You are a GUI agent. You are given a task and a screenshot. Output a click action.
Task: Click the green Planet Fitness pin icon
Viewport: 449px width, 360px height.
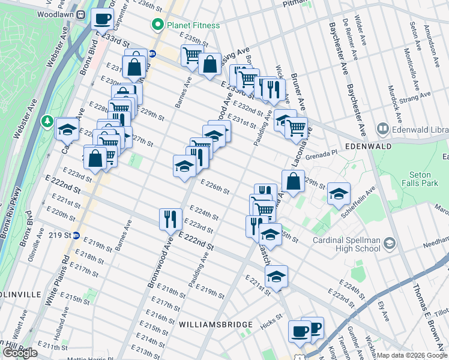(x=158, y=25)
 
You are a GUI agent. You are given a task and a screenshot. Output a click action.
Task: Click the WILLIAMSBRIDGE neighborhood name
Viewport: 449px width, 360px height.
(x=215, y=325)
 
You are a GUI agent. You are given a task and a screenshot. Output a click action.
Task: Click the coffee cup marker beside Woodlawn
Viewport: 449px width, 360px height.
(x=103, y=18)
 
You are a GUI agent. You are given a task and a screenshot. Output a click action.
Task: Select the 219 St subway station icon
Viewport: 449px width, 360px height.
(x=76, y=235)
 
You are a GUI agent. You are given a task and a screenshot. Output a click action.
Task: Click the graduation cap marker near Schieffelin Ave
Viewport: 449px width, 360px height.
(x=339, y=193)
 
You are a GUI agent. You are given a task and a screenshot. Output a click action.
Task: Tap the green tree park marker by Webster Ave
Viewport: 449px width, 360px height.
(x=47, y=122)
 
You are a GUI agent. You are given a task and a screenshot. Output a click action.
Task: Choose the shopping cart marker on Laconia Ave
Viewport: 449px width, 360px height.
(x=296, y=127)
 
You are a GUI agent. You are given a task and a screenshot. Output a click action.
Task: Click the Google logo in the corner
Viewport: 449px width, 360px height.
(x=20, y=353)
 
